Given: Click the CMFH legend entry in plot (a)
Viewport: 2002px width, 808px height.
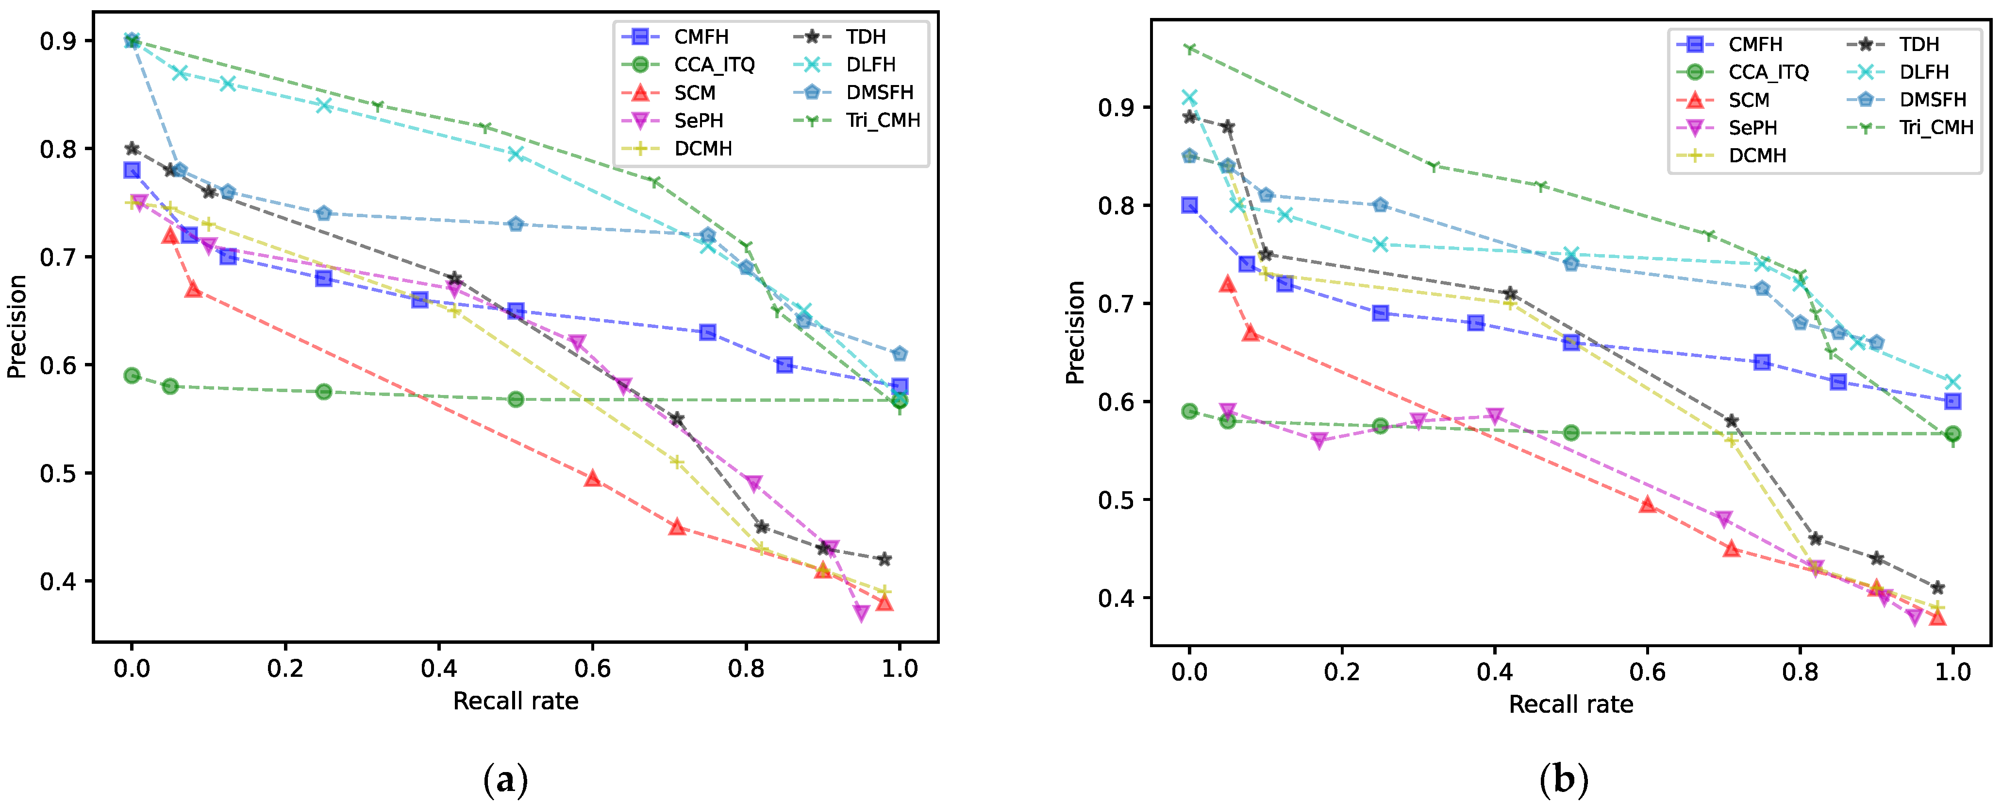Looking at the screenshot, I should pyautogui.click(x=700, y=36).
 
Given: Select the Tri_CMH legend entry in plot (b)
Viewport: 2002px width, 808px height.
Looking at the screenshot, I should pyautogui.click(x=1935, y=127).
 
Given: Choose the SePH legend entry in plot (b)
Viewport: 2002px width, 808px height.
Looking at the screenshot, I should pyautogui.click(x=1752, y=127).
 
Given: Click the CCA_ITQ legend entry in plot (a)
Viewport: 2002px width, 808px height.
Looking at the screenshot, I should pyautogui.click(x=714, y=65).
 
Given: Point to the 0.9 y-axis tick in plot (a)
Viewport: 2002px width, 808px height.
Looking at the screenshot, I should pyautogui.click(x=57, y=41).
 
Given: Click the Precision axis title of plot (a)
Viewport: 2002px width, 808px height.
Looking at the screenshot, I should pyautogui.click(x=17, y=327).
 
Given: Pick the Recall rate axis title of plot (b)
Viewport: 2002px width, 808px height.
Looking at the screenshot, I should pyautogui.click(x=1570, y=705).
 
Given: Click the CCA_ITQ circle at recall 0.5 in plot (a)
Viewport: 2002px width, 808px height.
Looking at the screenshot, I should pyautogui.click(x=515, y=400).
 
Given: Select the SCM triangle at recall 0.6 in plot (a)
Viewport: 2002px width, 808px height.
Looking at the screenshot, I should pyautogui.click(x=592, y=478).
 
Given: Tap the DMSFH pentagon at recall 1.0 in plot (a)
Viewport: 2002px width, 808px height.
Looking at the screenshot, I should pyautogui.click(x=899, y=354).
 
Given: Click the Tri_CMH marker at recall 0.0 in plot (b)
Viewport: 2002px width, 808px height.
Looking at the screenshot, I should pyautogui.click(x=1189, y=48).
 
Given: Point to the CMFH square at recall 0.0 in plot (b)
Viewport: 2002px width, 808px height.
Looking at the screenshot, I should pyautogui.click(x=1189, y=206).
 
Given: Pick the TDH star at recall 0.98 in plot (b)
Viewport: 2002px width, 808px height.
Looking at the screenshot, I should pyautogui.click(x=1937, y=588).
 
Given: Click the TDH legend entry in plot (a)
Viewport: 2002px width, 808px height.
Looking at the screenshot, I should pyautogui.click(x=865, y=36).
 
